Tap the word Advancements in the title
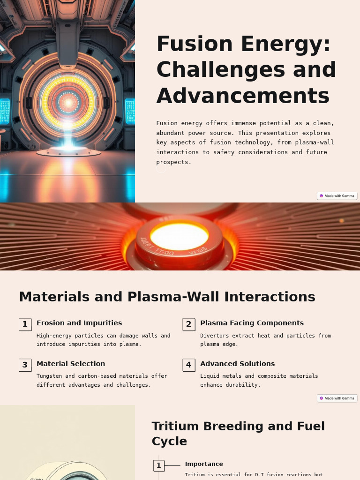pyautogui.click(x=243, y=96)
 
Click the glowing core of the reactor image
pyautogui.click(x=68, y=102)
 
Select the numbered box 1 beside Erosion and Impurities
pyautogui.click(x=25, y=324)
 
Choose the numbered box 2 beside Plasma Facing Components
pyautogui.click(x=188, y=324)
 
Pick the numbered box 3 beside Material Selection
pyautogui.click(x=25, y=365)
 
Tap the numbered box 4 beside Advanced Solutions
pyautogui.click(x=188, y=365)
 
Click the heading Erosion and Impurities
pyautogui.click(x=79, y=323)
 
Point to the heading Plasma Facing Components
pyautogui.click(x=252, y=323)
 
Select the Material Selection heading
pyautogui.click(x=71, y=364)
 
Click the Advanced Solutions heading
pyautogui.click(x=237, y=364)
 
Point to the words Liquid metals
pyautogui.click(x=221, y=376)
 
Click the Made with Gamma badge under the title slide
pyautogui.click(x=337, y=196)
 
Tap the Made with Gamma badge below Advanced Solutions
pyautogui.click(x=337, y=398)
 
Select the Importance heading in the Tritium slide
pyautogui.click(x=204, y=464)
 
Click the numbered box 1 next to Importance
pyautogui.click(x=159, y=465)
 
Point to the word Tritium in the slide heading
pyautogui.click(x=176, y=427)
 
